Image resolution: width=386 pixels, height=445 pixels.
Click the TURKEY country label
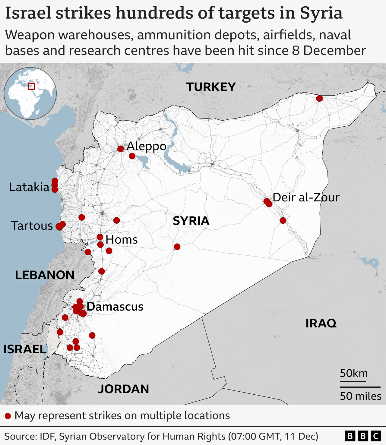(x=211, y=87)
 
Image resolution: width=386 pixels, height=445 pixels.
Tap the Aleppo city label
(x=147, y=146)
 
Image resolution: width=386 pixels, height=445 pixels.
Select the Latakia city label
(x=29, y=187)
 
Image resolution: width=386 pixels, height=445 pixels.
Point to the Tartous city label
(x=32, y=226)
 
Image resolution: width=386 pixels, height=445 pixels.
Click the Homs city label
(x=122, y=240)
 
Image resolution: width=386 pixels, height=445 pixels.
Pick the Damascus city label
(x=115, y=307)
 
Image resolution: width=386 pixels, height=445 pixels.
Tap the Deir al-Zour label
(x=306, y=197)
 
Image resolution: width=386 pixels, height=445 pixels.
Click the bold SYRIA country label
(x=191, y=221)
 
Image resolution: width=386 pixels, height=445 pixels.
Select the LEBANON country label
(x=45, y=275)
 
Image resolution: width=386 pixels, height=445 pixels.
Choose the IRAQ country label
(x=321, y=323)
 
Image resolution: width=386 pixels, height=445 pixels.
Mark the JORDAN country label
(x=123, y=389)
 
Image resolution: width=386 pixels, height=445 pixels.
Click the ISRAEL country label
(x=25, y=349)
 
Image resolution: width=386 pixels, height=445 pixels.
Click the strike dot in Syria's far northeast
(x=319, y=98)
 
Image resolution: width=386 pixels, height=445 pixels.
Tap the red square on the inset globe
(x=31, y=86)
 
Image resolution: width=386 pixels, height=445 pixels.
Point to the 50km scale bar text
(x=354, y=374)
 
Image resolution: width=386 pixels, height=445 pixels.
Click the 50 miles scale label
(x=360, y=396)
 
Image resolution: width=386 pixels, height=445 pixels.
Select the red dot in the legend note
(x=8, y=416)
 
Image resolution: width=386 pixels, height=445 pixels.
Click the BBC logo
(x=363, y=436)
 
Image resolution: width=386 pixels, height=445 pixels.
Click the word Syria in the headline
(x=321, y=13)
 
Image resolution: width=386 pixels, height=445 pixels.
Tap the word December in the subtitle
(x=334, y=51)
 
